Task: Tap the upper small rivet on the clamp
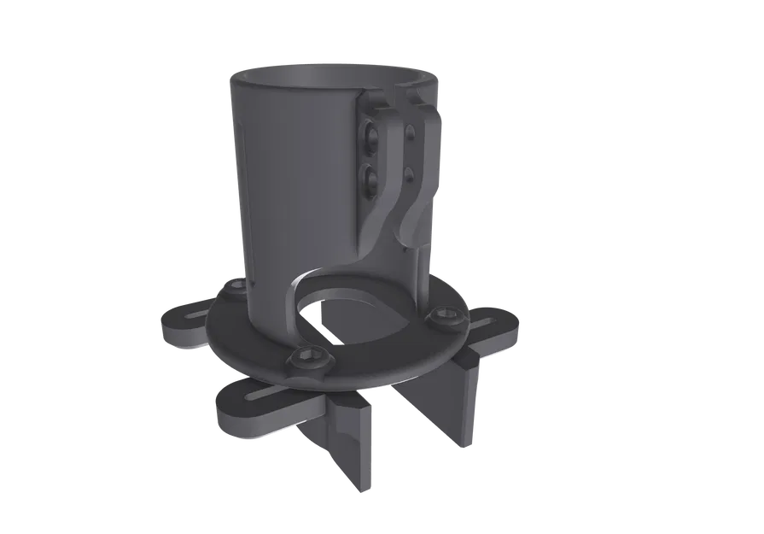(x=411, y=132)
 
